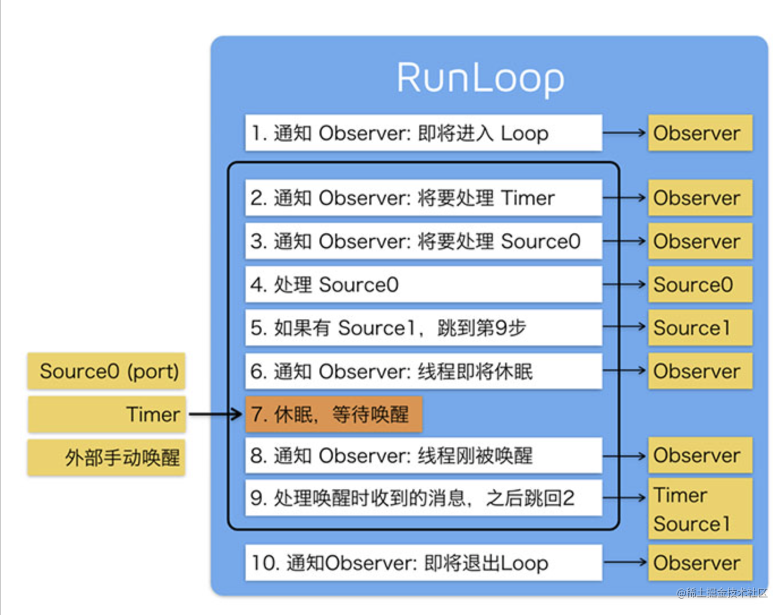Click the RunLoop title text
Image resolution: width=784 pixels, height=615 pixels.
coord(480,78)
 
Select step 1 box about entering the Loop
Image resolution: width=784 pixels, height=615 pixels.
coord(423,133)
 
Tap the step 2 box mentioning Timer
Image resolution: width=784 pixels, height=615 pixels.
coord(423,198)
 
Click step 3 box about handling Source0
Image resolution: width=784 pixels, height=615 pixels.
coord(423,241)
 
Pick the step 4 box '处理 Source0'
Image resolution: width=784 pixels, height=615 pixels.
coord(423,284)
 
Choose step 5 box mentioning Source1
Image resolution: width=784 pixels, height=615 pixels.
coord(423,328)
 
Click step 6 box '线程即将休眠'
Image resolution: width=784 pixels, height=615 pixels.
coord(423,371)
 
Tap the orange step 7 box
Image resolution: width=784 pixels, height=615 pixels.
coord(334,415)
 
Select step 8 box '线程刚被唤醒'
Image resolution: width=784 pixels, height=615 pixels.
coord(423,455)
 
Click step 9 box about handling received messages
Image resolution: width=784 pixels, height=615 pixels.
coord(423,498)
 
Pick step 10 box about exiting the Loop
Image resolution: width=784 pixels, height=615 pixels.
coord(423,563)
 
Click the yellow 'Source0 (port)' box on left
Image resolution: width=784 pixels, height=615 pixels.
coord(106,371)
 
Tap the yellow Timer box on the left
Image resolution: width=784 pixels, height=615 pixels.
coord(106,415)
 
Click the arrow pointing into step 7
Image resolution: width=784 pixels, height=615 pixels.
coord(215,415)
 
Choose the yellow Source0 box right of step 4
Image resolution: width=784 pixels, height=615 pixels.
coord(700,284)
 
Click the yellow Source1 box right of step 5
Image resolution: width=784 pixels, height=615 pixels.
coord(700,328)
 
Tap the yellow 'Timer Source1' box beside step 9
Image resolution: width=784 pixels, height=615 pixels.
coord(700,509)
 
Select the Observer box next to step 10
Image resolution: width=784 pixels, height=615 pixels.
coord(700,563)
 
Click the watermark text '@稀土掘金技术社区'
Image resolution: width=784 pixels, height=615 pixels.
coord(722,593)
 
